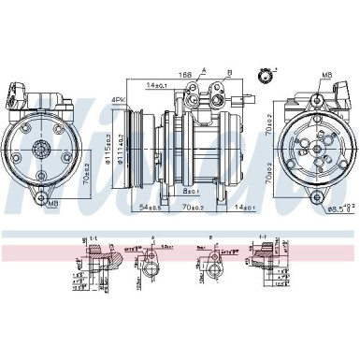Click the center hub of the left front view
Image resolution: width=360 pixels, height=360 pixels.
(42, 147)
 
